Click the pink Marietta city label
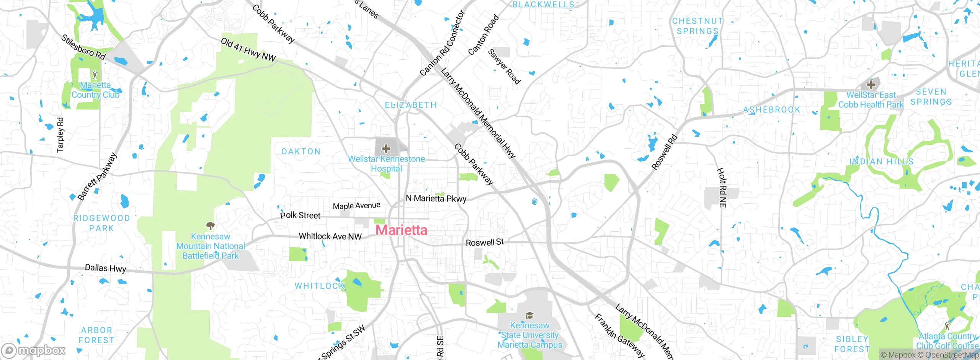(401, 230)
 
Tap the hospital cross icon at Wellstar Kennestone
(386, 148)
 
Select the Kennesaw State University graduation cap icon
(529, 315)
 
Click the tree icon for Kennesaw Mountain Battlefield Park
(210, 226)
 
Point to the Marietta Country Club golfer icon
(95, 75)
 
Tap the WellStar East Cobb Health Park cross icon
(871, 84)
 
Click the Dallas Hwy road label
(105, 268)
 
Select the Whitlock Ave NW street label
(330, 236)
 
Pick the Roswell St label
(485, 242)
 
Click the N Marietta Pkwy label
(436, 198)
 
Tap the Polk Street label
(300, 215)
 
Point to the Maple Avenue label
(356, 206)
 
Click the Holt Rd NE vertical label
(722, 188)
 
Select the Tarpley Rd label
(60, 135)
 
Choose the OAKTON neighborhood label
(301, 152)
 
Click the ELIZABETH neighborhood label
(410, 105)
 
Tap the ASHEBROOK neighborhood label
(772, 110)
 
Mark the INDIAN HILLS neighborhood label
(881, 162)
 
